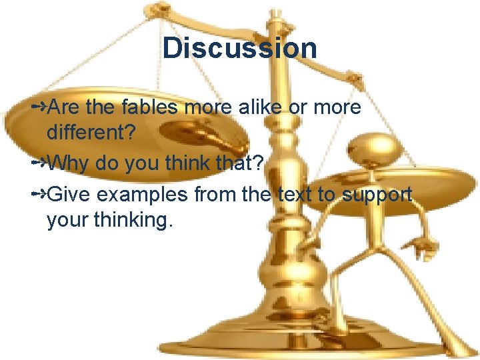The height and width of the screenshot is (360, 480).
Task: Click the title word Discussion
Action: (x=239, y=48)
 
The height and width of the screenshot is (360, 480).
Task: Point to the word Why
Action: (x=71, y=163)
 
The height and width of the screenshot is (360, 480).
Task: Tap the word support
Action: (x=377, y=195)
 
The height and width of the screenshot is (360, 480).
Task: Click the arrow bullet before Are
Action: (x=39, y=107)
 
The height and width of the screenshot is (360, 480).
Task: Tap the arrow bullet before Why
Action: (x=39, y=162)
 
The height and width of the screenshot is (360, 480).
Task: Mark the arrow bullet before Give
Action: (x=39, y=194)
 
